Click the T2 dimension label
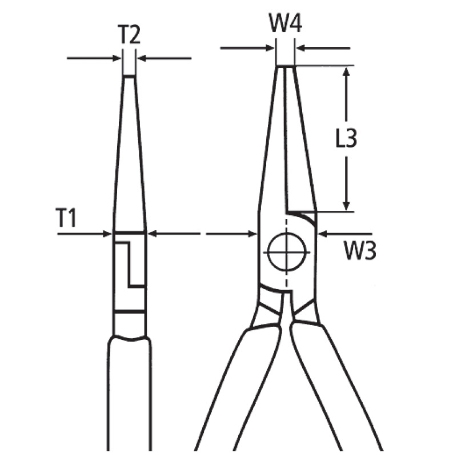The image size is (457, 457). (x=129, y=36)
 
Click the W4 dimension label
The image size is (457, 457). (x=285, y=24)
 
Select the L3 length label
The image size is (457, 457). (x=346, y=139)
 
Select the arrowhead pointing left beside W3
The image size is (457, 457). (x=321, y=233)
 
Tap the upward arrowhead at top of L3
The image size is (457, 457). (x=346, y=72)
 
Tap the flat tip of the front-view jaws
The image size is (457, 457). (x=285, y=67)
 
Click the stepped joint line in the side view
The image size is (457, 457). (x=129, y=263)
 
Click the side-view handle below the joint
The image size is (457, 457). (x=130, y=394)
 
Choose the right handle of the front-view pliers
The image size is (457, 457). (x=337, y=388)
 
